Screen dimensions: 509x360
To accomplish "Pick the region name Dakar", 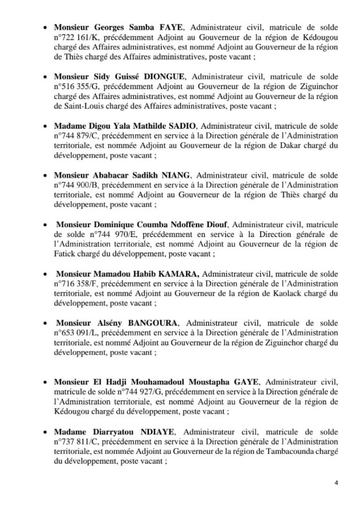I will tap(300, 145).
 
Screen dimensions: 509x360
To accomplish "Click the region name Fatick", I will tap(64, 254).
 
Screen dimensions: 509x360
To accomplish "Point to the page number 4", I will tap(336, 483).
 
